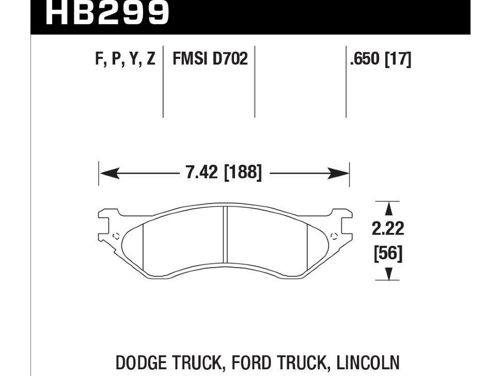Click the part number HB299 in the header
pos(107,14)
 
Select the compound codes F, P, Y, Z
pos(126,59)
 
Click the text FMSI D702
pos(210,59)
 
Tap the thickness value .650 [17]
pos(380,59)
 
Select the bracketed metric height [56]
pos(387,254)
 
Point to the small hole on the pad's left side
pos(116,236)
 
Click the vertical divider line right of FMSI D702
pos(255,83)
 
